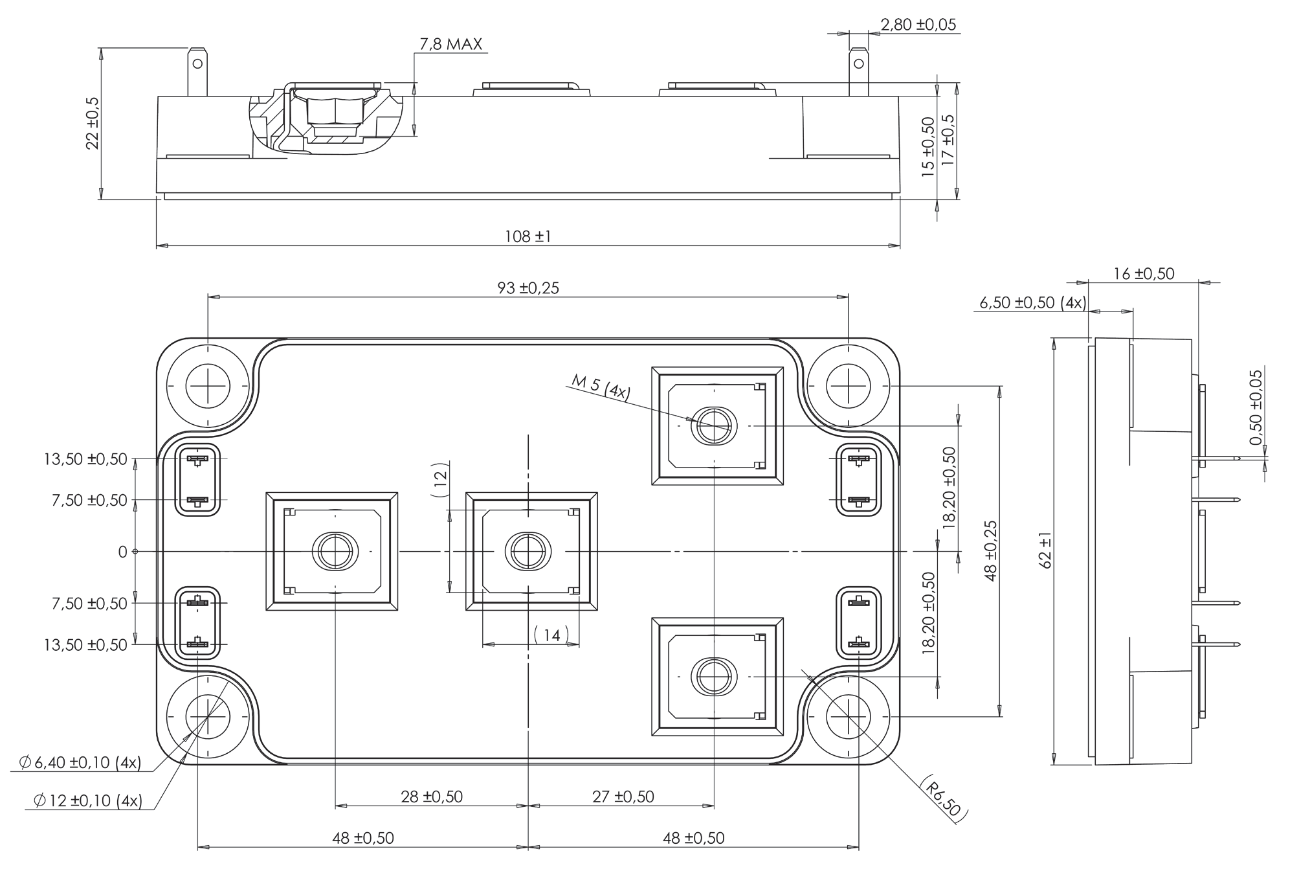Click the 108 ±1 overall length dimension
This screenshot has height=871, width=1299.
527,236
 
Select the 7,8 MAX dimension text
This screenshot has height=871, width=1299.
450,44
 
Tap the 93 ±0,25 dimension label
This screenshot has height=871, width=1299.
527,288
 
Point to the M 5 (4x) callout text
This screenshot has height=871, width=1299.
601,388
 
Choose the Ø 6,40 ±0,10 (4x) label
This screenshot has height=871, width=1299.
80,763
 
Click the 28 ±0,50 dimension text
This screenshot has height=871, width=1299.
432,797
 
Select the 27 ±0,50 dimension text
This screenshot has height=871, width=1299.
623,797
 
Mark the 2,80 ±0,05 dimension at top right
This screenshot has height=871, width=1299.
917,25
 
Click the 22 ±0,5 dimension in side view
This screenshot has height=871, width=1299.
93,123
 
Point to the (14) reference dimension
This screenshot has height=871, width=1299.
551,635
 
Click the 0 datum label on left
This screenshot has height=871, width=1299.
122,552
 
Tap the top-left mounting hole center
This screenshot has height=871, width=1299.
208,386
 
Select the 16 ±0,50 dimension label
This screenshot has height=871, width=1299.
1143,274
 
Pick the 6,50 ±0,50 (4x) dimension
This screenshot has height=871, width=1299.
1032,302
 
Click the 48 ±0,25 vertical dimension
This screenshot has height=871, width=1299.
990,551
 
